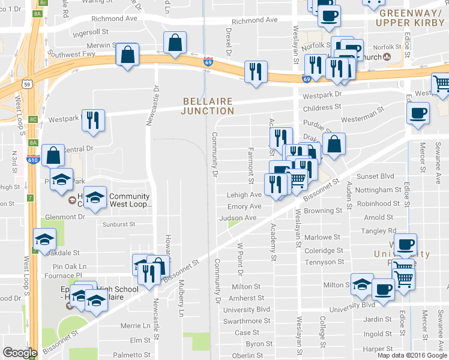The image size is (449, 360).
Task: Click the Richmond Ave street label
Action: point(255,20)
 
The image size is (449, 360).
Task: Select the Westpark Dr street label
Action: point(322,95)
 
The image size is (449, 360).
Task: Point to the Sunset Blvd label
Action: point(376,176)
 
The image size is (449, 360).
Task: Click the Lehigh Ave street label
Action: point(244,195)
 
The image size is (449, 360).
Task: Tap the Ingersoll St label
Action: point(91,33)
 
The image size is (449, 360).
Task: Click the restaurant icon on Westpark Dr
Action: point(93,121)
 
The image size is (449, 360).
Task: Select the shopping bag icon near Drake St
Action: point(334,144)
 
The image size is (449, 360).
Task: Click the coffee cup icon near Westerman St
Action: point(418,112)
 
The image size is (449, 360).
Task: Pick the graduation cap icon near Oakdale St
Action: point(44,240)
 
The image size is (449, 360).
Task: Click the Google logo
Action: point(20,352)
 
